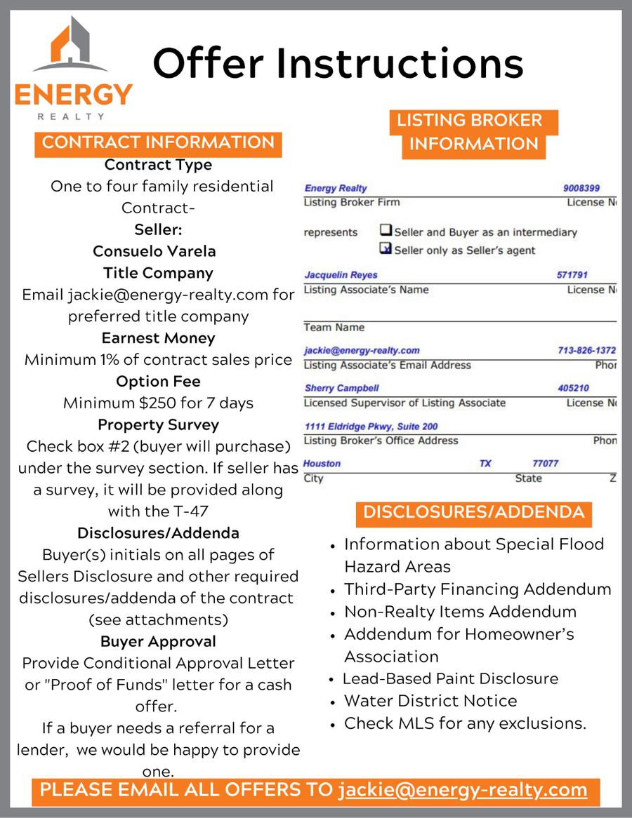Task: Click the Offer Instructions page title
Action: point(338,62)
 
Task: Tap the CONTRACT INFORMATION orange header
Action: point(158,142)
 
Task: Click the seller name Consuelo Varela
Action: point(154,251)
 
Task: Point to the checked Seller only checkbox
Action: point(386,248)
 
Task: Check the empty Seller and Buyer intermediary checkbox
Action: point(386,230)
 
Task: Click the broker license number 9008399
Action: point(581,188)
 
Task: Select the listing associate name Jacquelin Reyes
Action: point(341,275)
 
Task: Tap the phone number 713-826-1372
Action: point(586,350)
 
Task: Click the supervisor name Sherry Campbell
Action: point(341,388)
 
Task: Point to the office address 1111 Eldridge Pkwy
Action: point(371,426)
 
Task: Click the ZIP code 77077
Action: point(546,464)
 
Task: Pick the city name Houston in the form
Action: point(322,464)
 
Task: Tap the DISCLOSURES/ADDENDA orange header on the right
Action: point(473,512)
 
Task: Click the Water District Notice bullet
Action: point(430,701)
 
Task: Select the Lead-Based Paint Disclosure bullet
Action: point(450,678)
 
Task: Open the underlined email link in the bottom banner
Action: point(463,789)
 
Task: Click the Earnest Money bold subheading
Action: point(158,338)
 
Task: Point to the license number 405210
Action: point(573,388)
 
